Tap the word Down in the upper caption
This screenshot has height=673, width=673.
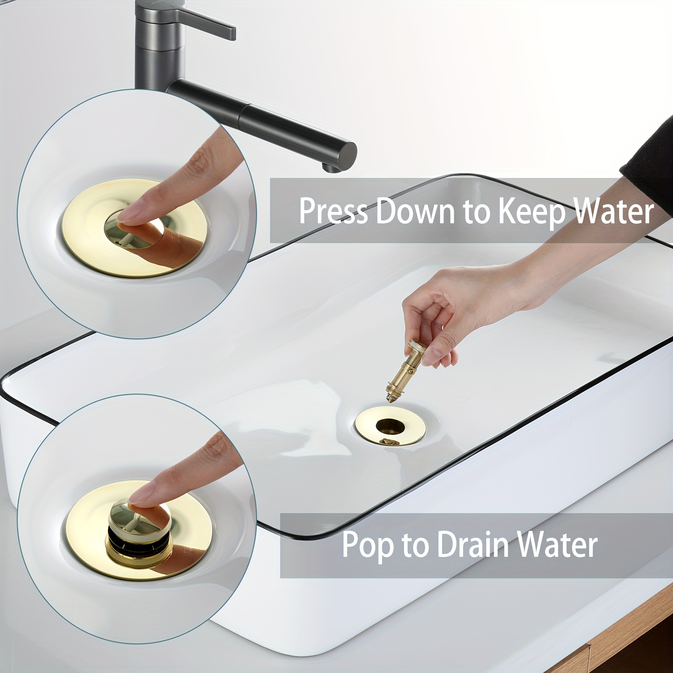click(415, 211)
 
